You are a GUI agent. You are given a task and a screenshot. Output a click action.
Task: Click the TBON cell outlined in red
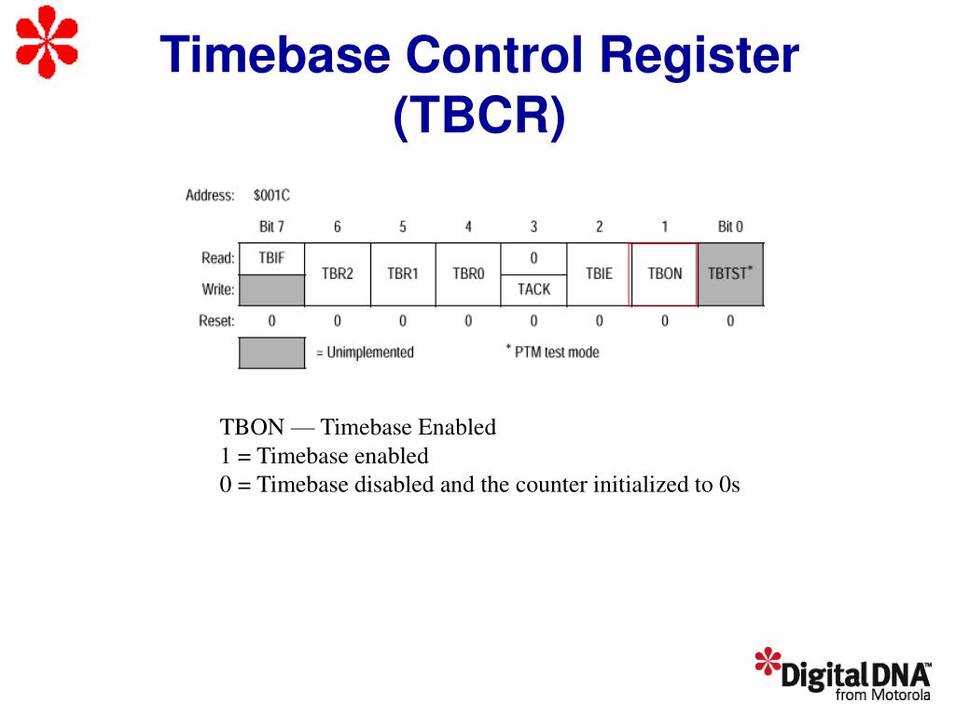coord(664,274)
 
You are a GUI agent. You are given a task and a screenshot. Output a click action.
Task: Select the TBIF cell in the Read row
coord(271,258)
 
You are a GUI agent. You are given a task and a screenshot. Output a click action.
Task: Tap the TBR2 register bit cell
coord(337,274)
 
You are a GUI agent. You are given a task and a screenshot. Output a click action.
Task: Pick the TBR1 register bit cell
coord(402,274)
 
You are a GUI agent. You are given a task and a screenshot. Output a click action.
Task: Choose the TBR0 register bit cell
coord(468,274)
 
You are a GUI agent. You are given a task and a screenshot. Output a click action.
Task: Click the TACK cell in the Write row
coord(533,289)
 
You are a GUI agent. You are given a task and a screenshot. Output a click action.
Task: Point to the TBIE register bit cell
coord(599,274)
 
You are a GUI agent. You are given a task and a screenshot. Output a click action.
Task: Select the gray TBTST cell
coord(730,274)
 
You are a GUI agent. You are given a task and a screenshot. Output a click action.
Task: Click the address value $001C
coord(271,196)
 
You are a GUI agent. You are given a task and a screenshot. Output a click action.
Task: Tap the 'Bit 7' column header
coord(271,227)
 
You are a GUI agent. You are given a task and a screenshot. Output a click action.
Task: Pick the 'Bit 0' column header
coord(730,227)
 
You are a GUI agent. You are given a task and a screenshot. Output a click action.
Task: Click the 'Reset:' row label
coord(216,321)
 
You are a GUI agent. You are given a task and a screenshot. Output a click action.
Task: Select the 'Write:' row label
coord(218,289)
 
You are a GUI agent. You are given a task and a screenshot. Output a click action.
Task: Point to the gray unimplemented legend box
coord(271,352)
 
